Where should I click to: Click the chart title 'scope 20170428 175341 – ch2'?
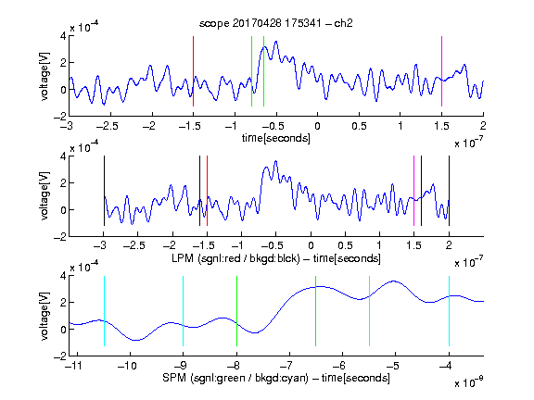click(x=276, y=23)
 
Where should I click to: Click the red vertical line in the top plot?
click(x=193, y=71)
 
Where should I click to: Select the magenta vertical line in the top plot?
click(x=441, y=71)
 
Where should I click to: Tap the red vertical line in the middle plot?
click(x=207, y=191)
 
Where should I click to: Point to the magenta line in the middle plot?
click(x=413, y=191)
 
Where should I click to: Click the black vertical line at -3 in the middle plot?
click(x=104, y=191)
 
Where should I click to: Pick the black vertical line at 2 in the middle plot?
click(x=449, y=191)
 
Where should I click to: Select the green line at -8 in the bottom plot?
click(x=236, y=311)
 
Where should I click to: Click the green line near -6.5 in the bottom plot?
click(x=316, y=311)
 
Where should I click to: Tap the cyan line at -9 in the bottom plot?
click(x=183, y=311)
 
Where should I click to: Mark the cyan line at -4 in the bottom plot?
click(x=449, y=311)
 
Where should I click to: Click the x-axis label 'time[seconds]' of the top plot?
click(x=276, y=138)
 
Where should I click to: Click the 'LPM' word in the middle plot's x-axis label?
click(x=183, y=258)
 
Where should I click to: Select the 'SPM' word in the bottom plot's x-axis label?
click(x=174, y=378)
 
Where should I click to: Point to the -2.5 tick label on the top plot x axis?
click(x=107, y=126)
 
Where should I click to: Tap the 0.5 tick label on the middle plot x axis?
click(x=345, y=245)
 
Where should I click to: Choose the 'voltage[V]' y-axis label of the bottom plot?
click(x=44, y=316)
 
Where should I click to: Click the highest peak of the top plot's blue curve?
click(x=276, y=42)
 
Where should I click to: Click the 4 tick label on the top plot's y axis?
click(x=63, y=36)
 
